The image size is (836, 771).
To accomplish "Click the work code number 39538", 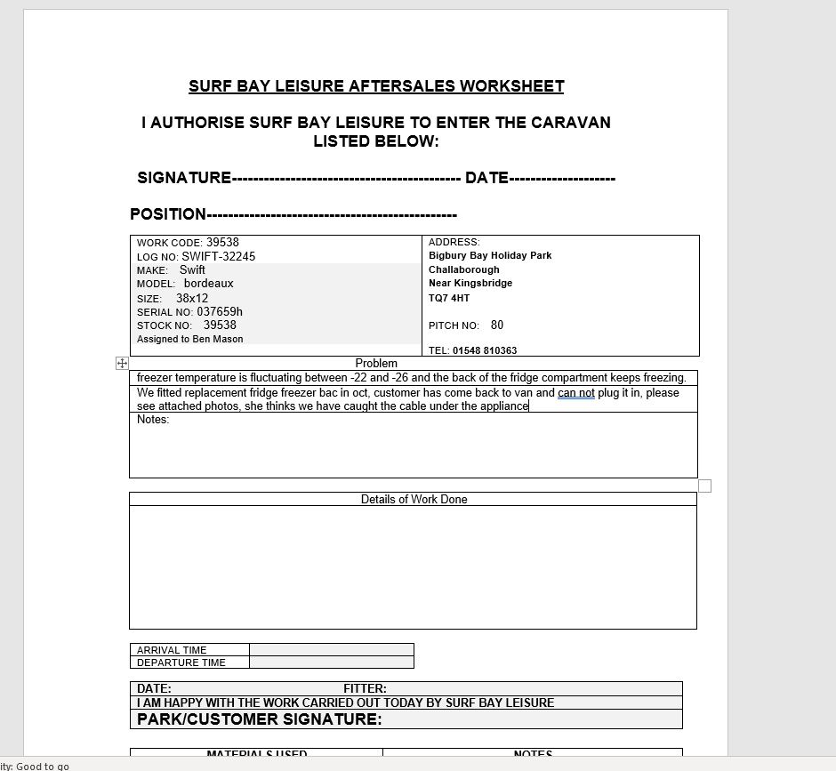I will [222, 242].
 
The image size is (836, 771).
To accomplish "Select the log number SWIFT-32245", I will [218, 256].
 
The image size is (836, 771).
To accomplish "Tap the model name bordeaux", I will [208, 284].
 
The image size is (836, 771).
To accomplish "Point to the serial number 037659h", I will [220, 312].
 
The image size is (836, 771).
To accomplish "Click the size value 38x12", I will [192, 298].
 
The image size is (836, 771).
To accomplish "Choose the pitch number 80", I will [497, 325].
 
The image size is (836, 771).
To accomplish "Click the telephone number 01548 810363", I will [485, 350].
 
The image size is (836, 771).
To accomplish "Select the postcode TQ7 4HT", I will [449, 298].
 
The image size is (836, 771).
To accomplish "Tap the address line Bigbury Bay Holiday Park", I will [490, 255].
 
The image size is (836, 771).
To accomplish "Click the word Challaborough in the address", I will [464, 269].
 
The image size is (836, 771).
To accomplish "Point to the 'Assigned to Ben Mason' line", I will [189, 339].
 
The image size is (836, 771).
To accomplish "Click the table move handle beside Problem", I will [122, 363].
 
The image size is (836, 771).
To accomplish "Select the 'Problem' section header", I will [376, 363].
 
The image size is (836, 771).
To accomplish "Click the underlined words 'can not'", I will [576, 392].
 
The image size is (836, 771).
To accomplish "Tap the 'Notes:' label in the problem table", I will [153, 420].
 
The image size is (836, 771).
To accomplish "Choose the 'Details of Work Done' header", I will [414, 499].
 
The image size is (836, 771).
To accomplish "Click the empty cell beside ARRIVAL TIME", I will [331, 650].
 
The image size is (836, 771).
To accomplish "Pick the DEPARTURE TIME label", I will [181, 663].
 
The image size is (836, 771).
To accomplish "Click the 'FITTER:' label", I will [365, 688].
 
